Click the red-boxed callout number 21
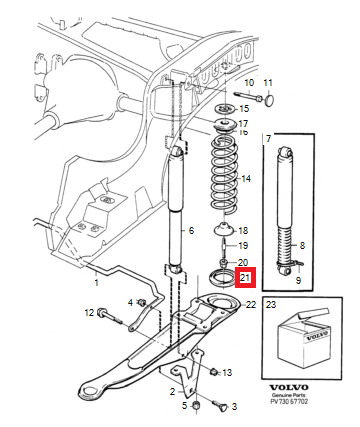click(245, 277)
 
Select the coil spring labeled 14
click(225, 175)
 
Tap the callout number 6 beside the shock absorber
click(191, 230)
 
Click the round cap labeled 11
click(270, 100)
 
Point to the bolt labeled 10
click(249, 96)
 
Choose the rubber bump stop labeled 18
click(224, 229)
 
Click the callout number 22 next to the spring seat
click(251, 304)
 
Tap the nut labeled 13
click(214, 371)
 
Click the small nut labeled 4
click(141, 303)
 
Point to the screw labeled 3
click(220, 405)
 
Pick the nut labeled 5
click(197, 406)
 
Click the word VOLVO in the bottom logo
click(289, 387)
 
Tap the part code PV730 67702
click(289, 401)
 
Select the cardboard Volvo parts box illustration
click(304, 337)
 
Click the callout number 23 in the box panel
click(271, 304)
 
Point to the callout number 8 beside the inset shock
click(302, 246)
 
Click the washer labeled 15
click(225, 109)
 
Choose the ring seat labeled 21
click(220, 277)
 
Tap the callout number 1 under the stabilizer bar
click(97, 283)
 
